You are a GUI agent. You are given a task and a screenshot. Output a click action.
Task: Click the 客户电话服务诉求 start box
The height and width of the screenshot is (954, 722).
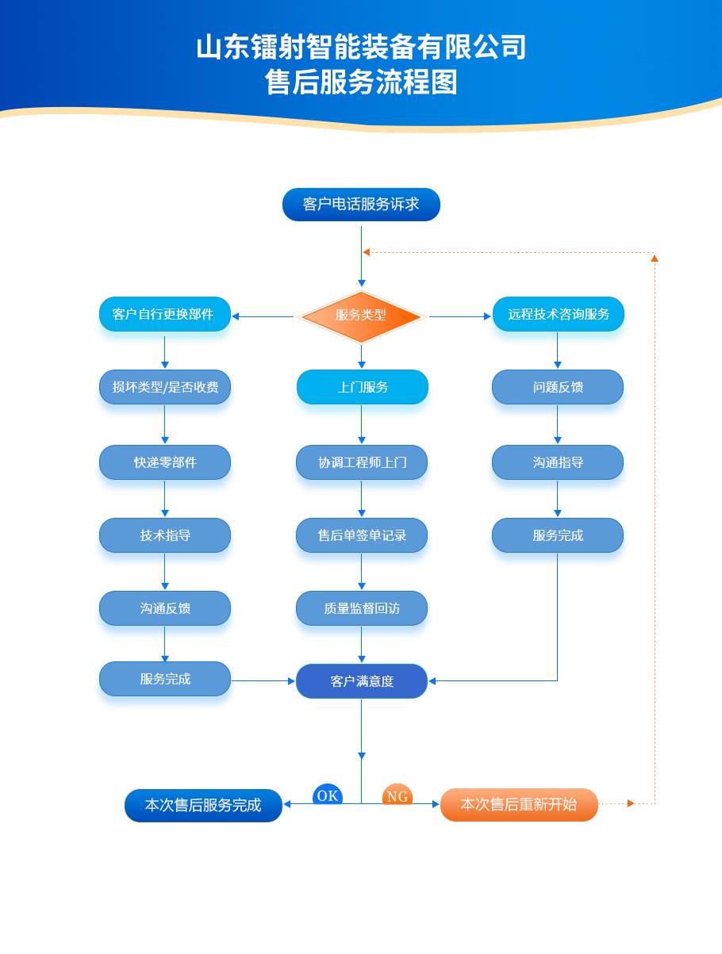point(361,205)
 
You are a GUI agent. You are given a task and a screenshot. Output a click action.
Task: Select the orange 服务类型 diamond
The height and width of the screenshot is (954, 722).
point(361,316)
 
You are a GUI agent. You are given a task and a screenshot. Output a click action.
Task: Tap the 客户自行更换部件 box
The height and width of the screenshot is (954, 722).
point(165,314)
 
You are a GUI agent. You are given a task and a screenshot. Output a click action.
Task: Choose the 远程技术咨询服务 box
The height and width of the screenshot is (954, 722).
point(558,314)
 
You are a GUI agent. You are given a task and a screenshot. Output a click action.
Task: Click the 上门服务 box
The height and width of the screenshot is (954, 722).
point(363,387)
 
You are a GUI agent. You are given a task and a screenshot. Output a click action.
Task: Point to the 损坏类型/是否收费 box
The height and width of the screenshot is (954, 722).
point(165,387)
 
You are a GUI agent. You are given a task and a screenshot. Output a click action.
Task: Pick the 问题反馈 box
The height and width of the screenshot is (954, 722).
point(558,387)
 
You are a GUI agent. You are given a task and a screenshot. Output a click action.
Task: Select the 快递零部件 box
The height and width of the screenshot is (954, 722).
point(165,462)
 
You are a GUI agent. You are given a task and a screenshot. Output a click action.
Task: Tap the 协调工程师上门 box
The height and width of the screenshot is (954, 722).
point(362,462)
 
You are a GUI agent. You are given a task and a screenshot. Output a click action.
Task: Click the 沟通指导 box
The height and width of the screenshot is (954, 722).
point(558,462)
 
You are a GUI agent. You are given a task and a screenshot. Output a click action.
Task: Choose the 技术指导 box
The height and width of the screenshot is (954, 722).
point(165,535)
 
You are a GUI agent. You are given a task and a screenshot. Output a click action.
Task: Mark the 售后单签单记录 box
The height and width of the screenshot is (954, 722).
point(362,535)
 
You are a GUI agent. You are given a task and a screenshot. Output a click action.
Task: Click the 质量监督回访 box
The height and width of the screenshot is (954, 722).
point(362,608)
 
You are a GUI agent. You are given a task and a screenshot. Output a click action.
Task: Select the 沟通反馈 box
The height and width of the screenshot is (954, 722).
point(165,608)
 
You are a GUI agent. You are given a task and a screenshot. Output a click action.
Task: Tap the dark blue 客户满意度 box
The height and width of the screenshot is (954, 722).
point(362,681)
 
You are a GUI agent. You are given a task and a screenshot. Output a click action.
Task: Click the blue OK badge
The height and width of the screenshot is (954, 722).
point(328,795)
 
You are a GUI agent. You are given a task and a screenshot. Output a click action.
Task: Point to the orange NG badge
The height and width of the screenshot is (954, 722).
point(397,795)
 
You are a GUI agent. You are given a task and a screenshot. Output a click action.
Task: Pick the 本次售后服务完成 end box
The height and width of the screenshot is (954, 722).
point(203,806)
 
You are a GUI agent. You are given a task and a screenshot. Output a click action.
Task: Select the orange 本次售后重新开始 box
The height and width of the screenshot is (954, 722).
point(519,804)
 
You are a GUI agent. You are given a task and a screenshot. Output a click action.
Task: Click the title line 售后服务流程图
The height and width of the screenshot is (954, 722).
point(361,82)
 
